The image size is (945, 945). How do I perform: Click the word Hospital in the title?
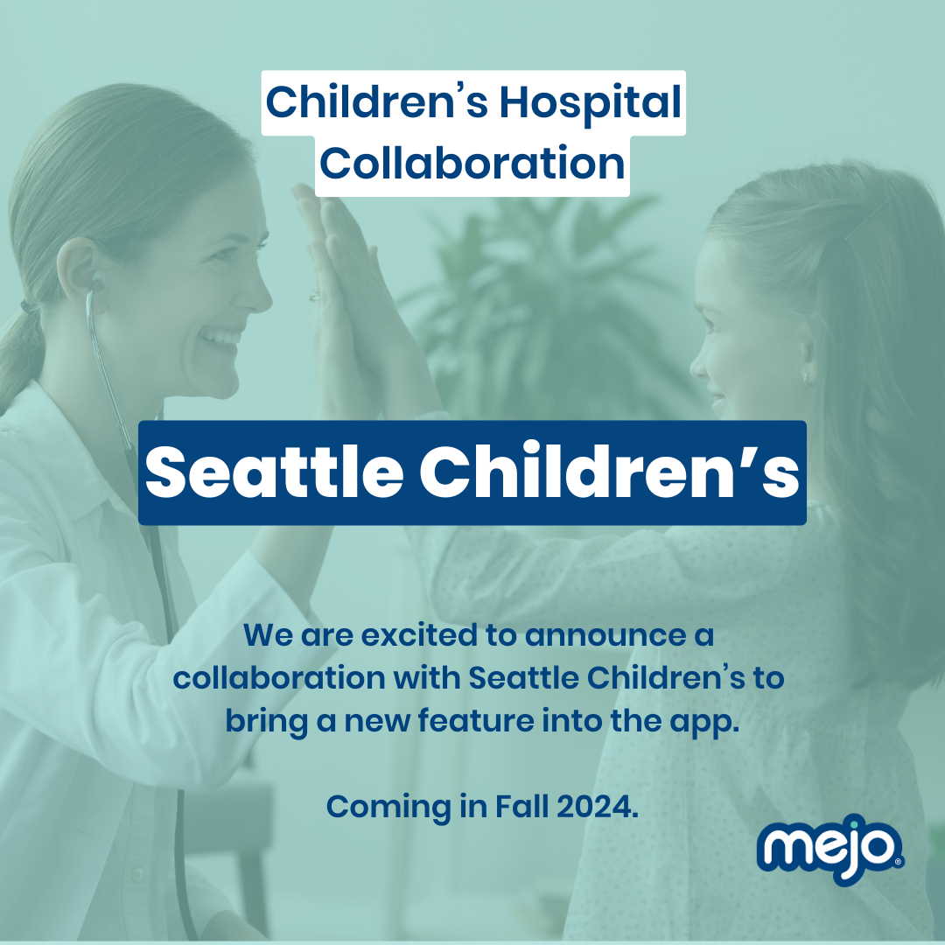tap(591, 103)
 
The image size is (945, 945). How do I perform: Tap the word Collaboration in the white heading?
tap(472, 164)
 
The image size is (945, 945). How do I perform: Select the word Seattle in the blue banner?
tap(274, 472)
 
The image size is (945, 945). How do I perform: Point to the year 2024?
tap(597, 807)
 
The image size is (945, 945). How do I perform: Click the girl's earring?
tap(807, 379)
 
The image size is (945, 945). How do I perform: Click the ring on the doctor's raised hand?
tap(315, 295)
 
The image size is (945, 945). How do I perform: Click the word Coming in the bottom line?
tap(388, 808)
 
